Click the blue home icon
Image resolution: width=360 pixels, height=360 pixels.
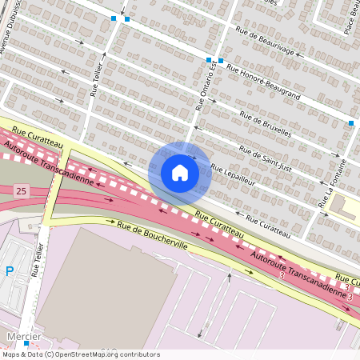pos(180,172)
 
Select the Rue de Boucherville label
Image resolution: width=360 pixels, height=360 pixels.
pos(153,236)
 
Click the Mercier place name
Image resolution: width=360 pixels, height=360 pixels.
pos(23,337)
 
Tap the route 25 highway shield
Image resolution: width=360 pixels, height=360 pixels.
pos(21,190)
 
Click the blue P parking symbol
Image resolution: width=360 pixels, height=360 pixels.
pos(10,271)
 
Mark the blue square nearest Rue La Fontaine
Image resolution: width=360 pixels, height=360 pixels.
pos(350,123)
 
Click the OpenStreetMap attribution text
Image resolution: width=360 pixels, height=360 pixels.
pos(80,354)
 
